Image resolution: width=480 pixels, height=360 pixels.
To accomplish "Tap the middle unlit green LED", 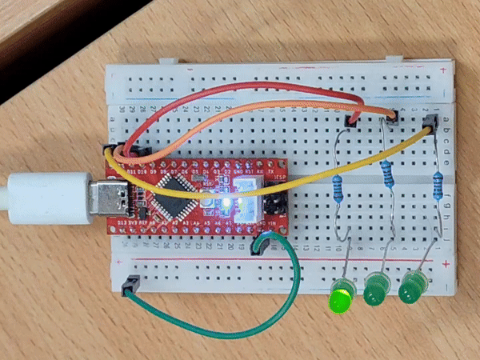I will [x=375, y=290].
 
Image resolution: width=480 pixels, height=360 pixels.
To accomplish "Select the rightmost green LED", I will [x=412, y=288].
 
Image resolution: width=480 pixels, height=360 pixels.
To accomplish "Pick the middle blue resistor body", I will [x=389, y=173].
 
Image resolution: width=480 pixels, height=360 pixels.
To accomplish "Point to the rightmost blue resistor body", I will [x=438, y=182].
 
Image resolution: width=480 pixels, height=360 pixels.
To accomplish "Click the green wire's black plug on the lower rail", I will [x=130, y=283].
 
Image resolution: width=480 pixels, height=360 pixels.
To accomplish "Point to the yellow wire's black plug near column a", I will [x=430, y=122].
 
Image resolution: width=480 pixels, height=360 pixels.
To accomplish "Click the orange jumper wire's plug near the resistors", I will [x=390, y=120].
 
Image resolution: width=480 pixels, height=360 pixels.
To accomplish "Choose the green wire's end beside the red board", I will [x=260, y=243].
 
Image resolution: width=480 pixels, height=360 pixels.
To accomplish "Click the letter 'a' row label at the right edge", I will [x=446, y=112].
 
